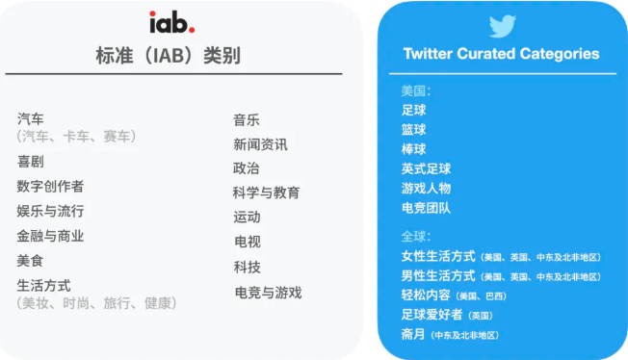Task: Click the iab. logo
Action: [171, 21]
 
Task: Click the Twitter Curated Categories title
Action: [501, 53]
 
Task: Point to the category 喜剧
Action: [31, 162]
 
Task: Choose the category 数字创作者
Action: [50, 186]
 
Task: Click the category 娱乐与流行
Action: [50, 211]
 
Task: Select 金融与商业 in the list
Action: [50, 236]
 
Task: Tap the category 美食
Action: [31, 261]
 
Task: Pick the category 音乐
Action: [247, 120]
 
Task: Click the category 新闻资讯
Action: [260, 144]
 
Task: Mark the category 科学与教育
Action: [266, 193]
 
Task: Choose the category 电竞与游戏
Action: [268, 292]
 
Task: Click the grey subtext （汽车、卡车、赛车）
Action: [77, 137]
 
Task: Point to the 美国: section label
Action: [416, 91]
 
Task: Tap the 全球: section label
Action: [416, 236]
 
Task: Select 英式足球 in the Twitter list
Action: [426, 168]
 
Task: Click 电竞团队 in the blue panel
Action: [426, 207]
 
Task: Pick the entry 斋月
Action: [414, 334]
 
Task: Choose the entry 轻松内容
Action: [426, 295]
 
